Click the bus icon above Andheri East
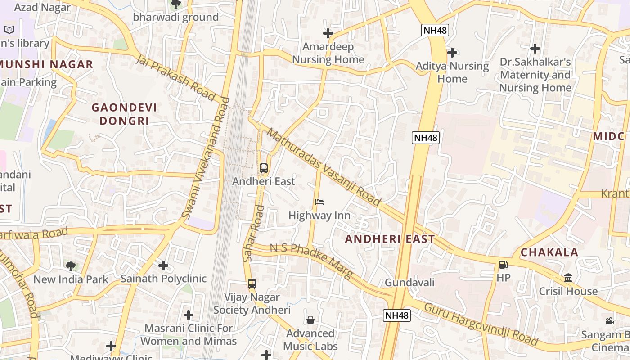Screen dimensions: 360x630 click(264, 168)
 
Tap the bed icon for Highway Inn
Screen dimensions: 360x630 click(319, 202)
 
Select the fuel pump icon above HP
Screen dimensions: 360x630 click(503, 265)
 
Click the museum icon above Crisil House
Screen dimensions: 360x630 click(568, 278)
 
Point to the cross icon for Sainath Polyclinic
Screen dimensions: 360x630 click(163, 265)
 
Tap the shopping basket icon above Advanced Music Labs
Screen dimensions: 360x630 click(310, 320)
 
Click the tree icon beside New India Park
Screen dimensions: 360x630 click(71, 266)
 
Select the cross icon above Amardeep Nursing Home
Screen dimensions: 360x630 click(328, 33)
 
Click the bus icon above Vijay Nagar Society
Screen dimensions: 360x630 click(252, 284)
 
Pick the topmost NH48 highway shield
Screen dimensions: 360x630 click(435, 30)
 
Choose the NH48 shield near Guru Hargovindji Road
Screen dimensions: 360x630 click(397, 315)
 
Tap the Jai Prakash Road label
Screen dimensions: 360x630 click(176, 78)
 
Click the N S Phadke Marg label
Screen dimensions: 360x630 click(311, 261)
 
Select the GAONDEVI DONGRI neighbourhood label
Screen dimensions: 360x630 click(124, 114)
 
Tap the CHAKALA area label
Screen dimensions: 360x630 click(549, 252)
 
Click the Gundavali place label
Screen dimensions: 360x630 click(409, 283)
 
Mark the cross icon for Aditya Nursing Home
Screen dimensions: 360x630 click(452, 53)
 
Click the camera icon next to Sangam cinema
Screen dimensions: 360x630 click(610, 321)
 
